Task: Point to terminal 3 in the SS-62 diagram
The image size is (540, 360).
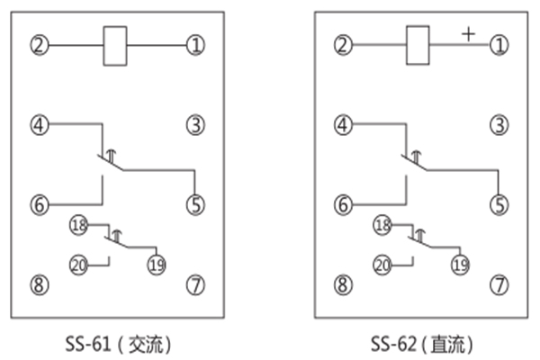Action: click(x=499, y=125)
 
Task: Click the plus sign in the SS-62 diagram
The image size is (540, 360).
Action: click(x=468, y=33)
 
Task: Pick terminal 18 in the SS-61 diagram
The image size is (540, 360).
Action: click(x=78, y=226)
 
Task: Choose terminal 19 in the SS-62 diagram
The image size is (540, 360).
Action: click(x=460, y=265)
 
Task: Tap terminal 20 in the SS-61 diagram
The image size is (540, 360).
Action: click(x=78, y=265)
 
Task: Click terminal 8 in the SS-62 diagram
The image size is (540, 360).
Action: click(x=342, y=286)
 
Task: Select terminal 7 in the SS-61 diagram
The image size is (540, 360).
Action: click(x=195, y=286)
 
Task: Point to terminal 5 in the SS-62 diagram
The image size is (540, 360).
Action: click(x=499, y=205)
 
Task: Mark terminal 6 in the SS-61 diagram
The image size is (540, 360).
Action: click(x=38, y=205)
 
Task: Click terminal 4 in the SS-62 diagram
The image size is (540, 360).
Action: click(x=342, y=125)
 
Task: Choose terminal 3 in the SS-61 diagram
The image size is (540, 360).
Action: click(x=195, y=125)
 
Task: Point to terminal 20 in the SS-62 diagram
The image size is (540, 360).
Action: click(x=382, y=265)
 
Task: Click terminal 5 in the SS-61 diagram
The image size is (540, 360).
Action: click(x=195, y=205)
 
